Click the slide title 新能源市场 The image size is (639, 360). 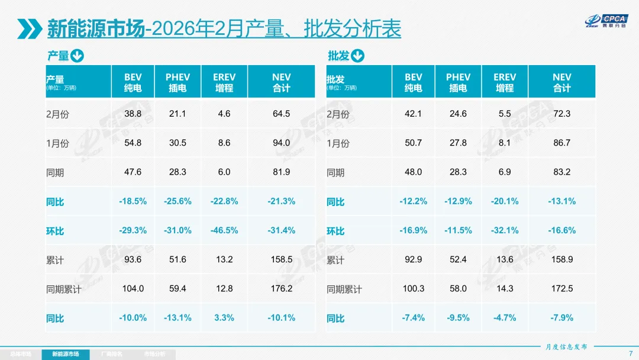click(x=96, y=28)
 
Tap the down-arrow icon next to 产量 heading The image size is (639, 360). click(x=78, y=56)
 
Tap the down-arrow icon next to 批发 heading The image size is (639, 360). click(x=357, y=56)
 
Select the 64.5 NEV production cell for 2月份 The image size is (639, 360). click(x=282, y=114)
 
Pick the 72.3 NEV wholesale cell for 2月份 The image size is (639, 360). click(x=561, y=114)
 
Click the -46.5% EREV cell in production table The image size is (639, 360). click(x=224, y=230)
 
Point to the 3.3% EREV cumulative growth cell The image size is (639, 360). click(x=224, y=318)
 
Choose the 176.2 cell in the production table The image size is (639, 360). click(x=282, y=288)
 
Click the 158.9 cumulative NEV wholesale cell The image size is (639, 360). click(x=561, y=259)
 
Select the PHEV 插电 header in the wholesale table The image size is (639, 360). click(x=459, y=82)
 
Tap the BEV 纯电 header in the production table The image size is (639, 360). click(x=133, y=82)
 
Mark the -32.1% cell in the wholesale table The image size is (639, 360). click(x=505, y=230)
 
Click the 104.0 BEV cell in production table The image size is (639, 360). click(x=133, y=288)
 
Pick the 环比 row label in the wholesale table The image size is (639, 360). click(x=335, y=231)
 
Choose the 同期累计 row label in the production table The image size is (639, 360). click(x=63, y=290)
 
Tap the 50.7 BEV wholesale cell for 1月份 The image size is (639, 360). click(x=414, y=143)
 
